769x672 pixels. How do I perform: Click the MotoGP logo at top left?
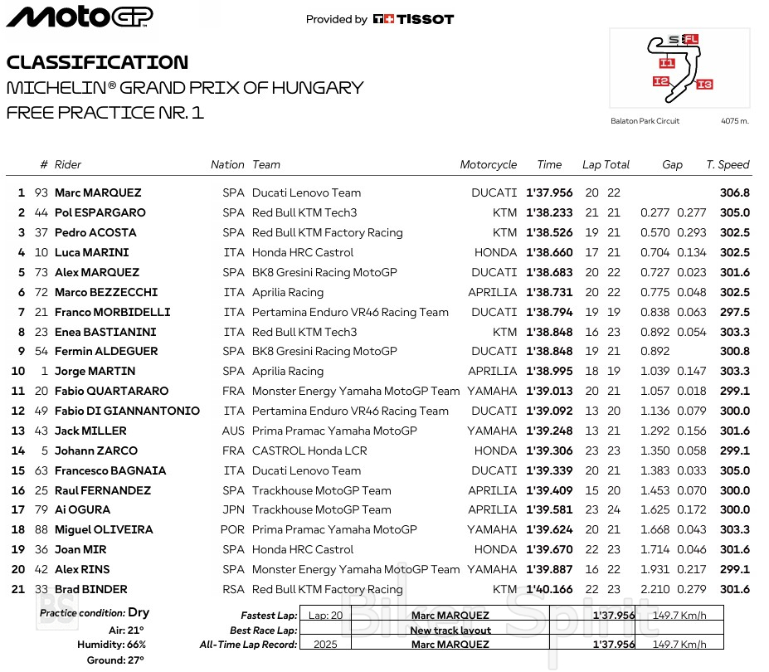[80, 17]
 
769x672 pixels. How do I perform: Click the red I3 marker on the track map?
[704, 84]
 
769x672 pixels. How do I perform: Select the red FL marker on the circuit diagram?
[691, 39]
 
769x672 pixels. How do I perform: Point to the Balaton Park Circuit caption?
[645, 121]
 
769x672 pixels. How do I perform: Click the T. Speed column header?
[728, 165]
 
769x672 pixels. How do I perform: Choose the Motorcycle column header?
[489, 165]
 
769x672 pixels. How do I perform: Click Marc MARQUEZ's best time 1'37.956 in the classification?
[549, 192]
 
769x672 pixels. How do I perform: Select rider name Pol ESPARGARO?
[100, 212]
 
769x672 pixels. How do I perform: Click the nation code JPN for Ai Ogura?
[234, 509]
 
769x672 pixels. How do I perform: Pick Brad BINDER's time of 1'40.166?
[549, 589]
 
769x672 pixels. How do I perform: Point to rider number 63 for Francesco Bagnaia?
[41, 470]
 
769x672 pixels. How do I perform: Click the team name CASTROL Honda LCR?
[309, 450]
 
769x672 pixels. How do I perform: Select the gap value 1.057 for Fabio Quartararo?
[655, 391]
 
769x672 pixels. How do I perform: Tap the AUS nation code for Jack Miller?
[234, 431]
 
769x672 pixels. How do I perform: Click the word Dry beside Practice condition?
[139, 612]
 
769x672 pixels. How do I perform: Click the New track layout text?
[450, 631]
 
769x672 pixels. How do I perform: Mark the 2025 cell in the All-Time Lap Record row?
[325, 645]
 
